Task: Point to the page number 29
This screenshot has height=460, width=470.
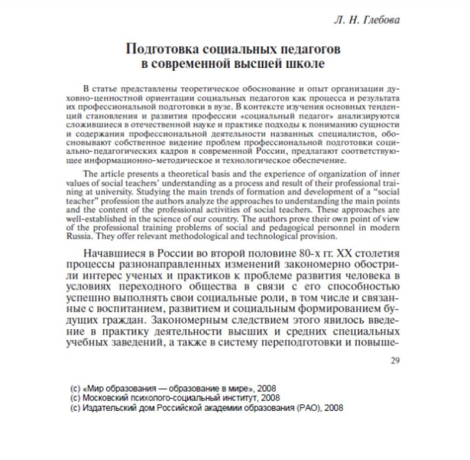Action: (x=395, y=361)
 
